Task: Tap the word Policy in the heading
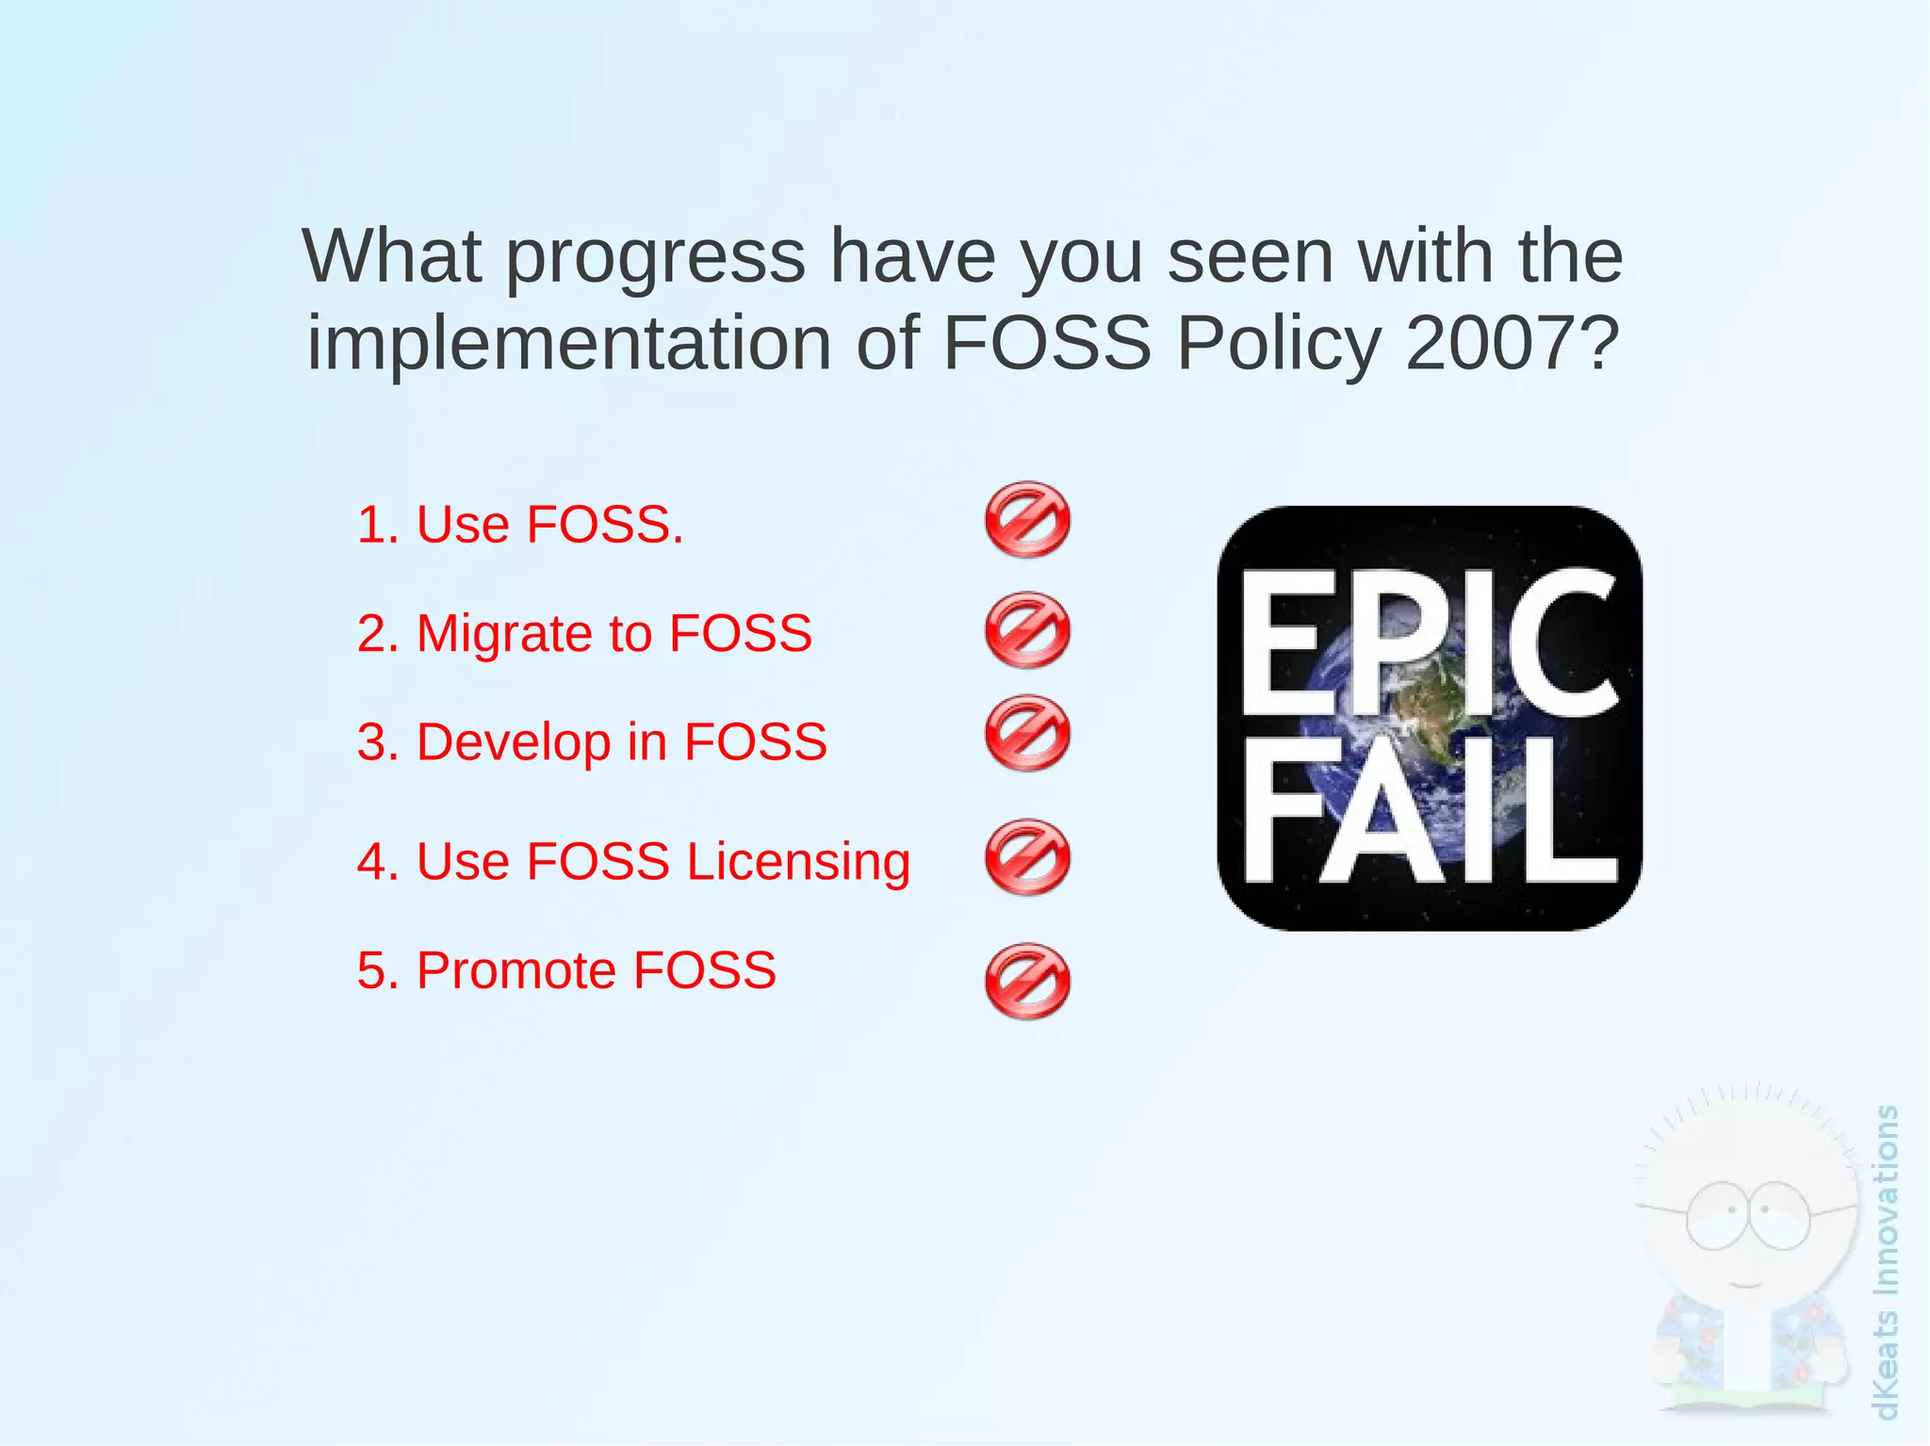point(1278,342)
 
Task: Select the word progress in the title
point(656,257)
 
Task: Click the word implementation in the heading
point(569,342)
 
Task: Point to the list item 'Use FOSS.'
point(520,525)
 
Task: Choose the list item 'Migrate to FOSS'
point(584,633)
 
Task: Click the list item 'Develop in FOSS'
point(592,741)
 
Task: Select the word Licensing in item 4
point(798,862)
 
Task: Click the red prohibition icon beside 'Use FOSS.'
point(1027,520)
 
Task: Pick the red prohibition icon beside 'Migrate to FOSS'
point(1027,630)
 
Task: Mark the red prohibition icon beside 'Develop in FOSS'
point(1027,734)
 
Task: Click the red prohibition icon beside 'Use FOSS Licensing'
point(1027,857)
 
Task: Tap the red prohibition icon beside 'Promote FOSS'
point(1027,982)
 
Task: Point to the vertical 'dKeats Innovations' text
point(1886,1262)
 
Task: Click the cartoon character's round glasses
point(1747,1215)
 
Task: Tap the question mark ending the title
point(1598,342)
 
